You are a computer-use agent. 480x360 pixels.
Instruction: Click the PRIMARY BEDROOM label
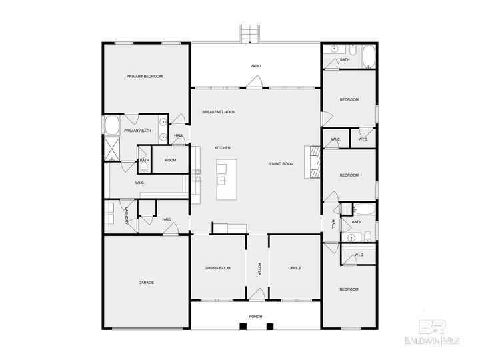(x=145, y=77)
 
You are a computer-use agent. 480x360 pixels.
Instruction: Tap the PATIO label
(x=255, y=66)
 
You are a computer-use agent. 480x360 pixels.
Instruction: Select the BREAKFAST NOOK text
(x=219, y=112)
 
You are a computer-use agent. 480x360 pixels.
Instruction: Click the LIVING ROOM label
(x=281, y=163)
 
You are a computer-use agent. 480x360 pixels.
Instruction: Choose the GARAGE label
(x=146, y=282)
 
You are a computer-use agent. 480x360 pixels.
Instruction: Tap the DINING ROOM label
(x=218, y=268)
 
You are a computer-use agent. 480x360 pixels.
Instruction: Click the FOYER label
(x=260, y=269)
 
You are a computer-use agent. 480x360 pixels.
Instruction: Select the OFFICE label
(x=295, y=268)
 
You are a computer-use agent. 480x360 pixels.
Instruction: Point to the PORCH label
(x=255, y=316)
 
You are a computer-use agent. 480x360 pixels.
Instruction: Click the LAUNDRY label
(x=125, y=216)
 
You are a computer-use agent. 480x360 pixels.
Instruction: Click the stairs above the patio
(x=250, y=33)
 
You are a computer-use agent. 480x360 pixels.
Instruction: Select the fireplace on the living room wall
(x=310, y=163)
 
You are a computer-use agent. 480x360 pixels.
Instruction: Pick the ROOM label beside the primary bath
(x=171, y=160)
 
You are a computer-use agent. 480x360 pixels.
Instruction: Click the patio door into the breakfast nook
(x=255, y=83)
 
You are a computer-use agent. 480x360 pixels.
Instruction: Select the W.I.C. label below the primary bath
(x=141, y=182)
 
